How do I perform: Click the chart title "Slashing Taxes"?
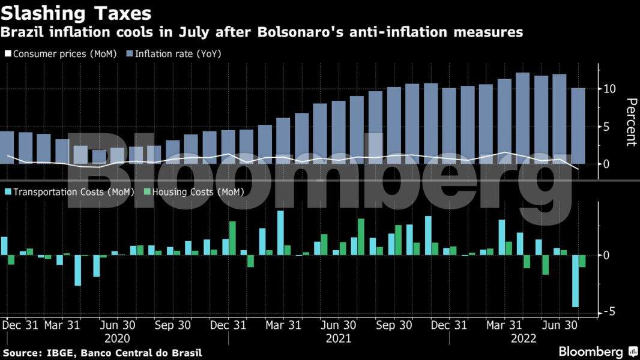tap(76, 13)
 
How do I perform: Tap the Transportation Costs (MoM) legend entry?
tap(69, 192)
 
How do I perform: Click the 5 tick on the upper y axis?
tap(606, 127)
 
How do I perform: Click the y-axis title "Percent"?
tap(630, 122)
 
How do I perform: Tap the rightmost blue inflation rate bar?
tap(578, 126)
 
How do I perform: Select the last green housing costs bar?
tap(582, 261)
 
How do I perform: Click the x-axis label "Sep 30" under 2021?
tap(393, 325)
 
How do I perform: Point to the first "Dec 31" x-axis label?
tap(20, 325)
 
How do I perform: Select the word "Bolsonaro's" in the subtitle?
tap(297, 32)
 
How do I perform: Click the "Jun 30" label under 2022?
tap(559, 325)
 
